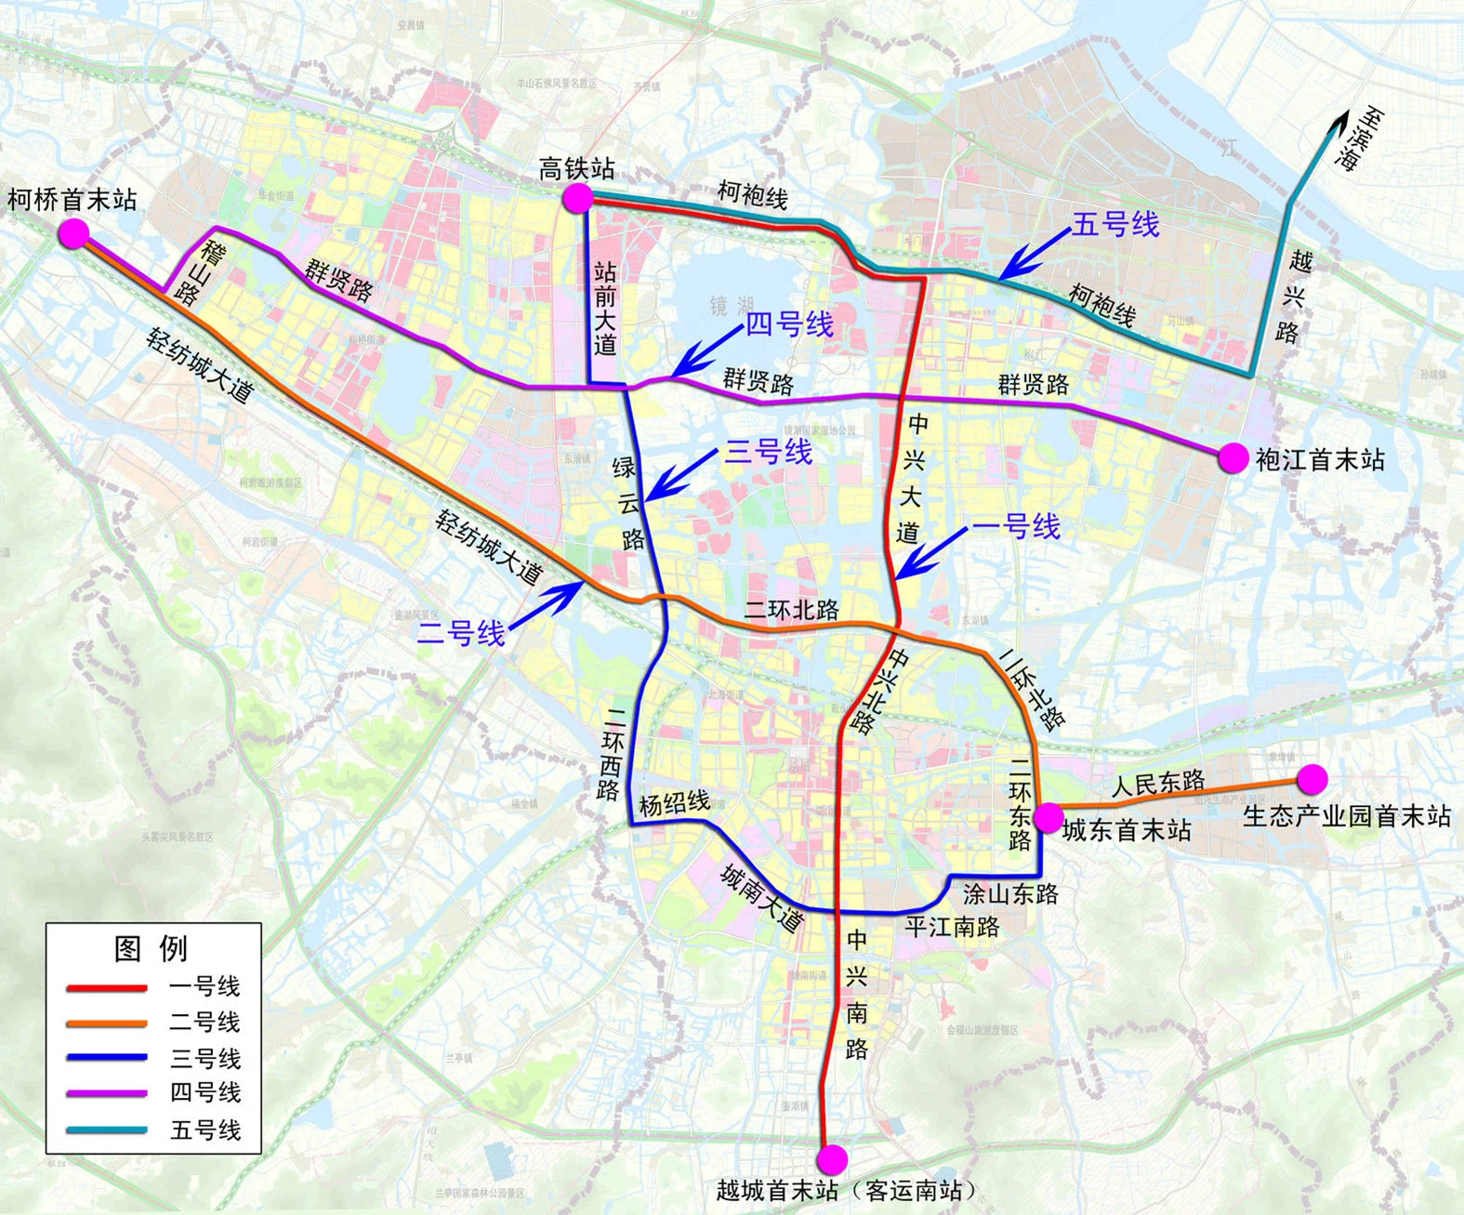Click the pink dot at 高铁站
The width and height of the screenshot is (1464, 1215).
tap(577, 197)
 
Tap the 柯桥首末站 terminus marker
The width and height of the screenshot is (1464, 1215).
tap(73, 233)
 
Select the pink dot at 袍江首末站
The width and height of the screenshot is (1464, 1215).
tap(1233, 457)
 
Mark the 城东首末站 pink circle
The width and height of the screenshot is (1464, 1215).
tap(1049, 817)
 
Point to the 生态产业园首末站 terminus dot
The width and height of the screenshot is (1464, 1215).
tap(1312, 778)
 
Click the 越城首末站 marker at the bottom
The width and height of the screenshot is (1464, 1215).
tap(832, 1159)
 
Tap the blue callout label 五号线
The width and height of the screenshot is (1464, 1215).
tap(1115, 225)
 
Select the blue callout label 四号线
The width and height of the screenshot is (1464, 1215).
tap(789, 324)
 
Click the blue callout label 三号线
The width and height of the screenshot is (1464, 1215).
tap(768, 453)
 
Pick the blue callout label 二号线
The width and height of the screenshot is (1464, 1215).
tap(461, 634)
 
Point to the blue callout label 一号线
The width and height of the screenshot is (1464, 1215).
tap(1016, 527)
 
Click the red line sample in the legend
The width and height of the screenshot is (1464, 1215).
tap(106, 987)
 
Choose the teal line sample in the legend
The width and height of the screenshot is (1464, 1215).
tap(106, 1130)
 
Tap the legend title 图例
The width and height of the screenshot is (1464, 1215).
tap(151, 948)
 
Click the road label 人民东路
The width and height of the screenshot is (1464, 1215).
tap(1158, 784)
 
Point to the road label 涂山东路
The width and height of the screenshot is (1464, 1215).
tap(1010, 894)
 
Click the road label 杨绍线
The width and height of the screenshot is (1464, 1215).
tap(674, 803)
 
